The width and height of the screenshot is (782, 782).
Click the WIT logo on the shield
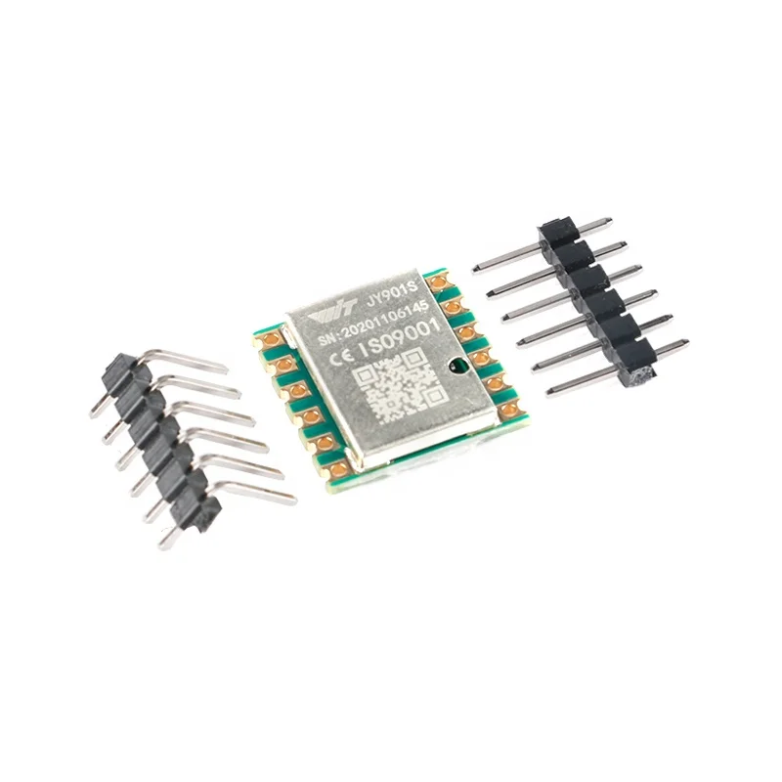click(332, 313)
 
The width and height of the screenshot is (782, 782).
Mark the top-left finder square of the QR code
click(366, 376)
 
